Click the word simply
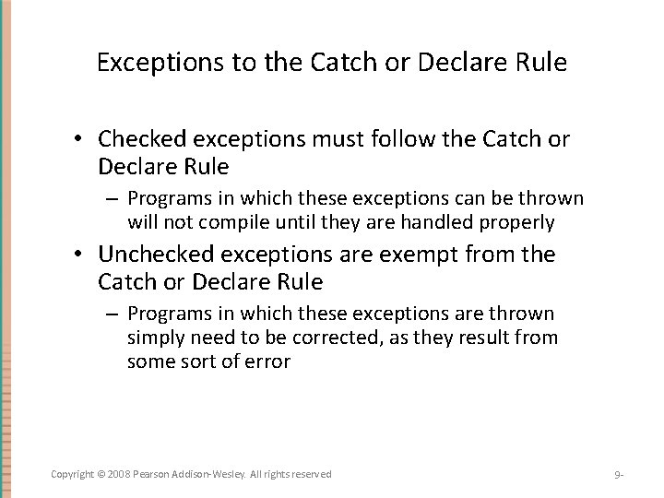(x=154, y=338)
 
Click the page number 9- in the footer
(x=620, y=475)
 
